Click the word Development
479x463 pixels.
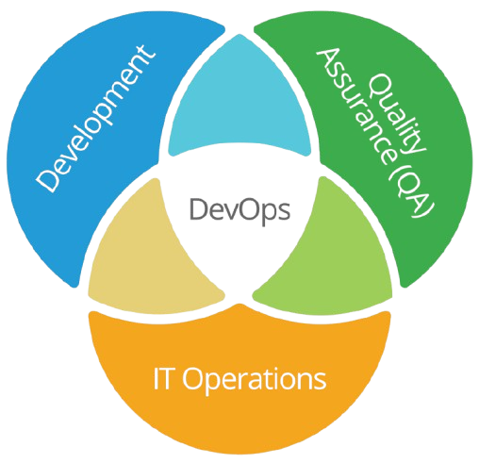tap(94, 118)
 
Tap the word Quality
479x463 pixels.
tap(397, 114)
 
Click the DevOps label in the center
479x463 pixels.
tap(239, 210)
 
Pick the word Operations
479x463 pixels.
tap(255, 379)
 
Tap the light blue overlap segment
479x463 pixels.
tap(239, 101)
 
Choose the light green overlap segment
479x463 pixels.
tap(327, 252)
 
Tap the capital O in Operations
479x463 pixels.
tap(194, 378)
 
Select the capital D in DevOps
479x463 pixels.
tap(199, 209)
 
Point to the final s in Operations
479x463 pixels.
tap(320, 381)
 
